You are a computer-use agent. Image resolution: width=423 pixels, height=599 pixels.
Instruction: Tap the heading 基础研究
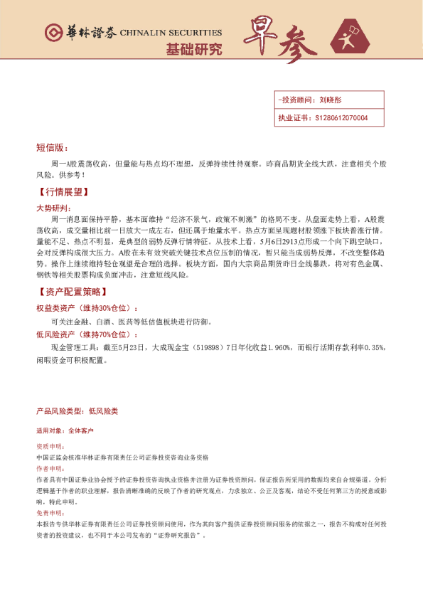[193, 50]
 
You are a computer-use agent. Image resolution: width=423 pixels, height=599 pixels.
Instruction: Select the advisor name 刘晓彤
[331, 100]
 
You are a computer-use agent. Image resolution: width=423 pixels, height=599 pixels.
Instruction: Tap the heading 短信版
[51, 148]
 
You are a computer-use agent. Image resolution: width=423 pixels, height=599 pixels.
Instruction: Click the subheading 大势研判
[53, 208]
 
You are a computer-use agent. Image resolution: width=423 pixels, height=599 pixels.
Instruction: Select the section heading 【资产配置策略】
[70, 292]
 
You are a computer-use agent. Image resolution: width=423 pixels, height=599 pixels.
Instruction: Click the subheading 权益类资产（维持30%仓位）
[85, 308]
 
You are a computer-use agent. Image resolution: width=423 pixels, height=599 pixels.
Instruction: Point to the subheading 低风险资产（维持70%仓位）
[85, 334]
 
